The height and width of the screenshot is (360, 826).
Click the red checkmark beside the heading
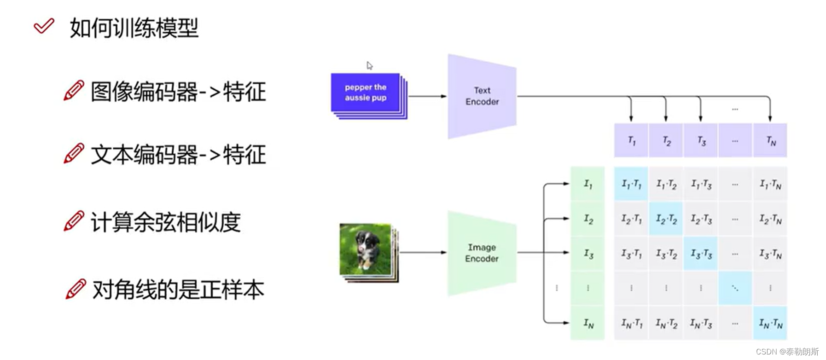coord(44,26)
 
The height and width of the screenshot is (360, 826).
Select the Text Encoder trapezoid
coord(482,96)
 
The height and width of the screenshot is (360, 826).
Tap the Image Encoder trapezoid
coord(482,253)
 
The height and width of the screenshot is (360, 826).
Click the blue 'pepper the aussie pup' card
coord(365,92)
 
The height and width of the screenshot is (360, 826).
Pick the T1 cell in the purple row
coord(631,140)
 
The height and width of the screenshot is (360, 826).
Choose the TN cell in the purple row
coord(770,140)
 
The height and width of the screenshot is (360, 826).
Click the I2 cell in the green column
coord(588,219)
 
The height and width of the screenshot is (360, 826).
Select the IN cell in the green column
coord(588,323)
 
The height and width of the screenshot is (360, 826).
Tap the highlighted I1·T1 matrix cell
coord(631,184)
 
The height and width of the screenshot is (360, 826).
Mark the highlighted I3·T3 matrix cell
coord(701,254)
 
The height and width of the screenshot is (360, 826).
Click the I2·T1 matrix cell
coord(631,219)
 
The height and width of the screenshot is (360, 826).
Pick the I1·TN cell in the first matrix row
coord(770,184)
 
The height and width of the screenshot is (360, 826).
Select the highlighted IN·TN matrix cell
coord(770,323)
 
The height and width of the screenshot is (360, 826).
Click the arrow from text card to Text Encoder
coord(427,96)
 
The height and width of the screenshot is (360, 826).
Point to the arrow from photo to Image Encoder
coord(423,252)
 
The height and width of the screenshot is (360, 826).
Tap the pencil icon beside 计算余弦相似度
coord(74,221)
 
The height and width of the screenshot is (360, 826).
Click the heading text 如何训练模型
coord(134,28)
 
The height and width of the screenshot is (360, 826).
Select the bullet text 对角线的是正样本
coord(178,290)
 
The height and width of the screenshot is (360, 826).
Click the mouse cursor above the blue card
coord(369,65)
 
